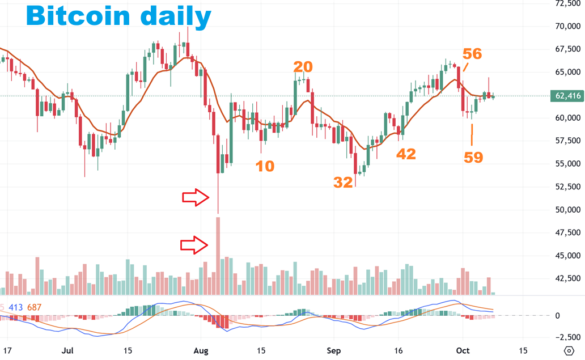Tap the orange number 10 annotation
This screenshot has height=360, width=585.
click(264, 166)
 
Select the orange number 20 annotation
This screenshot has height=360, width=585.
click(303, 67)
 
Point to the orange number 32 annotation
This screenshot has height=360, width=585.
click(343, 181)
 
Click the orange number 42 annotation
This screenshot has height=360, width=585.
click(406, 154)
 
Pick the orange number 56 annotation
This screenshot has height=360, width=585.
click(472, 54)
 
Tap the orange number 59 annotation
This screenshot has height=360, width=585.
click(473, 157)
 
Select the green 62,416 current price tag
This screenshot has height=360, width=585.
click(566, 96)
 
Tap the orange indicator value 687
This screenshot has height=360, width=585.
click(35, 307)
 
